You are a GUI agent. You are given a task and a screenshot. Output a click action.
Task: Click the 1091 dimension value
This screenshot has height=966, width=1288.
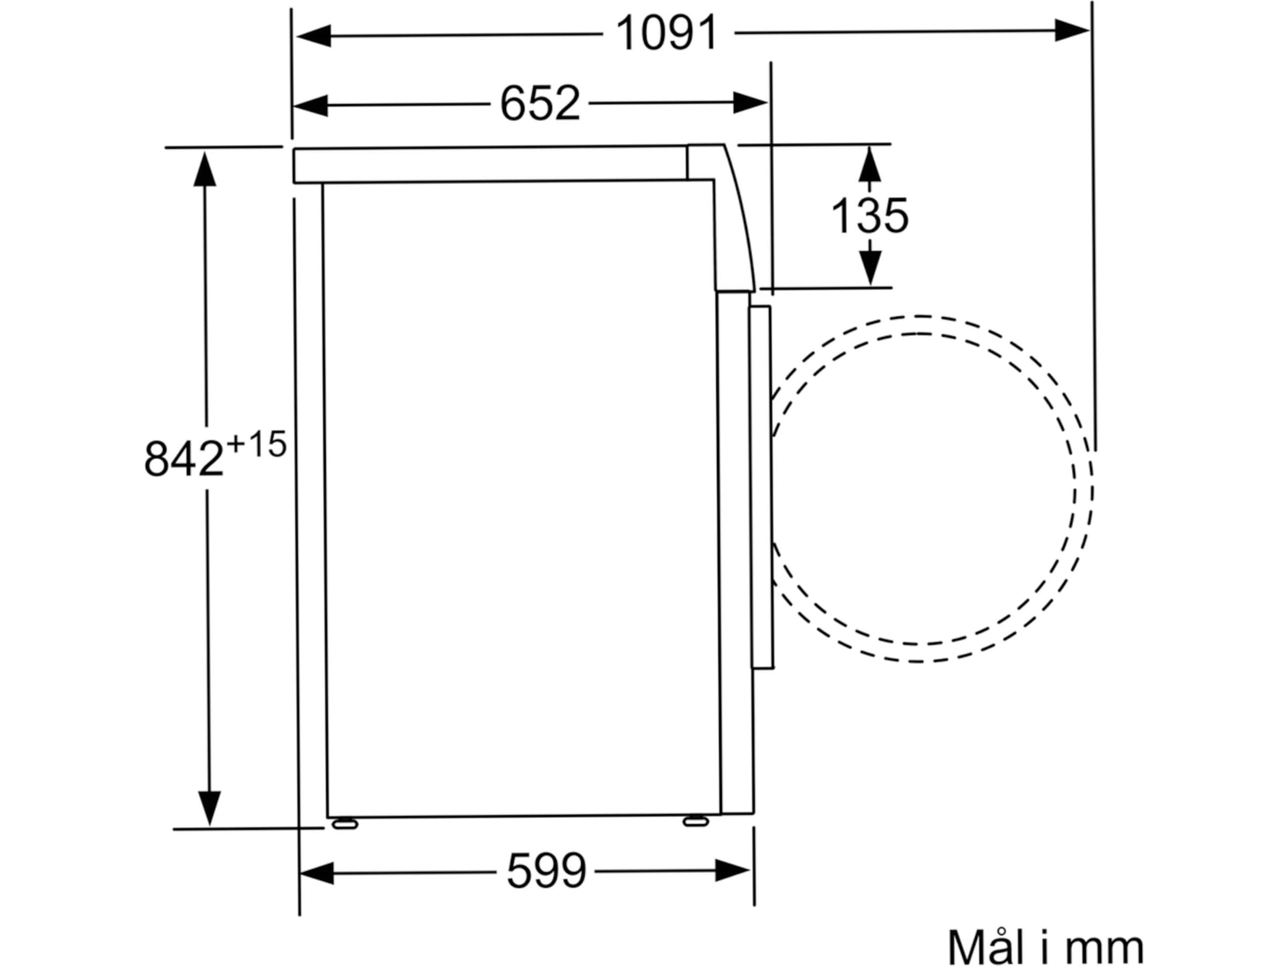pyautogui.click(x=667, y=33)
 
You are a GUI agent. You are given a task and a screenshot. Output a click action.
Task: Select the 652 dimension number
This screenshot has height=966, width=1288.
pyautogui.click(x=540, y=103)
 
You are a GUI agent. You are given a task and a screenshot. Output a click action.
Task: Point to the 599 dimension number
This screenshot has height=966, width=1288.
pyautogui.click(x=546, y=870)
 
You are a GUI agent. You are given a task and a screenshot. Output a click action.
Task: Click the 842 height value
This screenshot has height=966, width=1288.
pyautogui.click(x=184, y=458)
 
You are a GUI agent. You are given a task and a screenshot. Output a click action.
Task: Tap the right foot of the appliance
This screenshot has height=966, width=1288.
pyautogui.click(x=696, y=821)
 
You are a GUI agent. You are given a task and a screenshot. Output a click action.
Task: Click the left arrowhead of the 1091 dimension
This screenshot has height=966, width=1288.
pyautogui.click(x=314, y=35)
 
